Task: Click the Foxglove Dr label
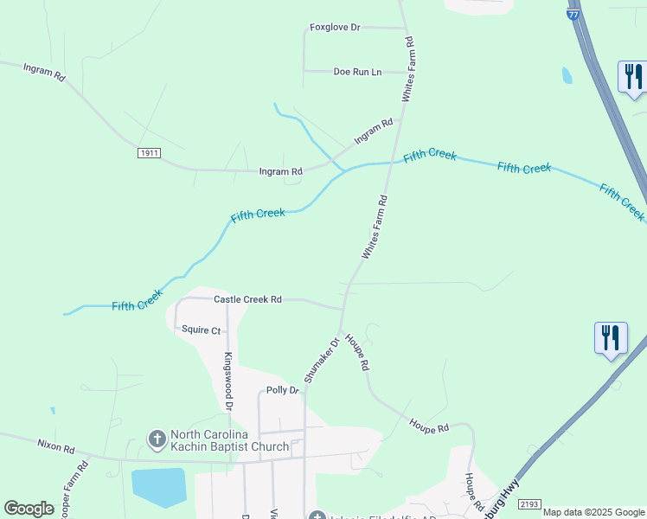point(335,28)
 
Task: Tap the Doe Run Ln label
point(357,72)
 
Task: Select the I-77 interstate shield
point(573,14)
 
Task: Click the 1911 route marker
point(149,153)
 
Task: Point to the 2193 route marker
point(529,503)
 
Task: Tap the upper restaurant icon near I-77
point(632,76)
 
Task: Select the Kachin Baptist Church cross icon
point(157,440)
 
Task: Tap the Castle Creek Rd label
point(247,299)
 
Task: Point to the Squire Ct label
point(203,330)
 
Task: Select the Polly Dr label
point(282,391)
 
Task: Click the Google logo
point(29,509)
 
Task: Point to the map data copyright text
point(593,512)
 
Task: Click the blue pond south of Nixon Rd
point(158,487)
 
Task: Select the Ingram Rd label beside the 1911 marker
point(281,172)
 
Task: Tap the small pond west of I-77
point(567,75)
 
